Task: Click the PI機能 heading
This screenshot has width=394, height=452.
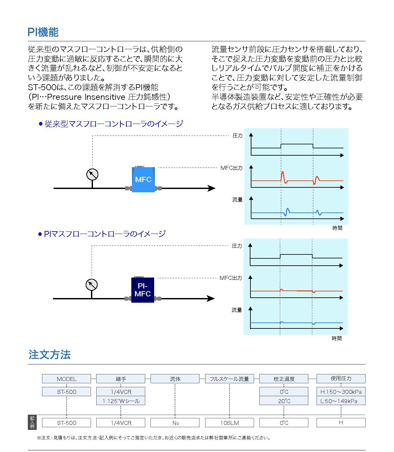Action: pyautogui.click(x=43, y=32)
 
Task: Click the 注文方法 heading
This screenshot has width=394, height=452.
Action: pyautogui.click(x=50, y=355)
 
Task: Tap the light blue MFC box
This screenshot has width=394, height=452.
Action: pyautogui.click(x=143, y=179)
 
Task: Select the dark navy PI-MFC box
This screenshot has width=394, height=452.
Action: pyautogui.click(x=143, y=290)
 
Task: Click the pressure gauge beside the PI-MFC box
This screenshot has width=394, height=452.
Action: pyautogui.click(x=92, y=284)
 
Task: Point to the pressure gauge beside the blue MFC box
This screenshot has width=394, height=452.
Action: pyautogui.click(x=92, y=174)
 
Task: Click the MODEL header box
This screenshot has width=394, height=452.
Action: pyautogui.click(x=66, y=379)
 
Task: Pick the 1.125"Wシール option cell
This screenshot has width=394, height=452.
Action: pyautogui.click(x=121, y=401)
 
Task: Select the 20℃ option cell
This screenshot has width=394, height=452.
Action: pyautogui.click(x=284, y=401)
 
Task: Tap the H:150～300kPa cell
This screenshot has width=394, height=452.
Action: pyautogui.click(x=341, y=392)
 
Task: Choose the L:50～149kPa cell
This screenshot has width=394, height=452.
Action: pyautogui.click(x=341, y=401)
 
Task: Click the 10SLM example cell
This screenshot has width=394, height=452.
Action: pyautogui.click(x=230, y=423)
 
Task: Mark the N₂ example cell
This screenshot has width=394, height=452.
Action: pyautogui.click(x=175, y=423)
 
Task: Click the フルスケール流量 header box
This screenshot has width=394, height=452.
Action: pyautogui.click(x=230, y=379)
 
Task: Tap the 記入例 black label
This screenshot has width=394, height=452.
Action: pyautogui.click(x=32, y=422)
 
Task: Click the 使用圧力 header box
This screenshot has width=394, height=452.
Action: pyautogui.click(x=341, y=378)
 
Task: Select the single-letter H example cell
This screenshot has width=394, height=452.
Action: pyautogui.click(x=341, y=422)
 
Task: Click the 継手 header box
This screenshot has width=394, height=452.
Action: pyautogui.click(x=121, y=379)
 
